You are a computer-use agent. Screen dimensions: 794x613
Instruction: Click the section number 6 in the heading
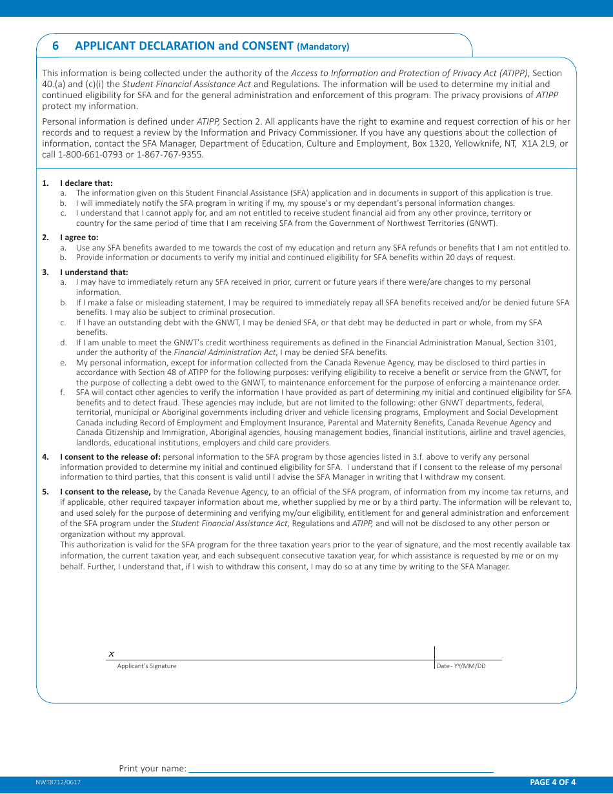coord(55,46)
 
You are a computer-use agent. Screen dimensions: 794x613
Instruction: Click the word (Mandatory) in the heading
coord(323,46)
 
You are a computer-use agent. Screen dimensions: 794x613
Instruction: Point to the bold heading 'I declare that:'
coord(86,183)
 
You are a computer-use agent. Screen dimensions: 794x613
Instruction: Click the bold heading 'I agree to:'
coord(79,238)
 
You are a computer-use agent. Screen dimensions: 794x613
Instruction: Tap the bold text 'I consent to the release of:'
coord(110,457)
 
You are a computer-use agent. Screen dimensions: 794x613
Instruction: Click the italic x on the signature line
coord(111,654)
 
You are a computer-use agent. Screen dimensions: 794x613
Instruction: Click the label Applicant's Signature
coord(146,666)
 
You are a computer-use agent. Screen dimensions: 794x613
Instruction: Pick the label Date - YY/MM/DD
coord(461,666)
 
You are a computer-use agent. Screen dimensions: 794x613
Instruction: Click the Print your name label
coord(152,768)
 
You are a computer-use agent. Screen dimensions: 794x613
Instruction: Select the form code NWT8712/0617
coord(58,782)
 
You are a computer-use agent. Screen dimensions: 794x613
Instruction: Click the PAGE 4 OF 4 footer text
coord(552,782)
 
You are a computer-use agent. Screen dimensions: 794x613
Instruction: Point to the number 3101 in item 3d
coord(546,343)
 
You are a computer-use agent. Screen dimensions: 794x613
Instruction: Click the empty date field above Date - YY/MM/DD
coord(468,653)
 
